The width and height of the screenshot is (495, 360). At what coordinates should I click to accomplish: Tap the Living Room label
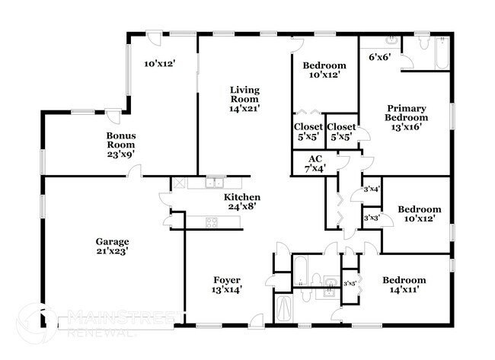point(244,100)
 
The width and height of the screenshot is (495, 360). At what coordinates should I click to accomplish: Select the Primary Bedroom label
point(405,117)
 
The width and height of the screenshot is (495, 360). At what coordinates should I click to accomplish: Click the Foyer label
point(226,284)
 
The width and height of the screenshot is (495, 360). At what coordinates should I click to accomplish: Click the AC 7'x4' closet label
point(315,163)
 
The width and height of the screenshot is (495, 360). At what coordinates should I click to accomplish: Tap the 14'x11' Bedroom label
point(404,285)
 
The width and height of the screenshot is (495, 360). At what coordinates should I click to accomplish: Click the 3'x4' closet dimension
point(372,189)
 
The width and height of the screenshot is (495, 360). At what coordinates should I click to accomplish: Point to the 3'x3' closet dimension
point(372,218)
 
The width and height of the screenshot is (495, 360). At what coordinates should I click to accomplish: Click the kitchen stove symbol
point(211,222)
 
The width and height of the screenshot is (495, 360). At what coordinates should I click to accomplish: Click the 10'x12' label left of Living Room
point(160,64)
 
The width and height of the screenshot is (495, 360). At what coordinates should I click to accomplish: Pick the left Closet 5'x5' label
point(308,132)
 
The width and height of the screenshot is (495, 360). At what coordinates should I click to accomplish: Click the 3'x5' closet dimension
point(350,284)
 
